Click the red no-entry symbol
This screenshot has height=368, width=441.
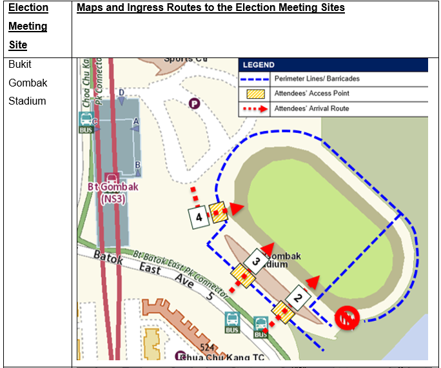(x=346, y=318)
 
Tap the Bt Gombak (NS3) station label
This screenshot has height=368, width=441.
(x=112, y=192)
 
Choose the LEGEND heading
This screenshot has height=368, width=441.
(x=259, y=65)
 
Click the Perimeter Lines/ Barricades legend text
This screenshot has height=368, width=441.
(x=317, y=79)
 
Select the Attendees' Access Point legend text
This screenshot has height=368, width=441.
(x=311, y=94)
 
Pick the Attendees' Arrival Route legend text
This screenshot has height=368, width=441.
(x=311, y=108)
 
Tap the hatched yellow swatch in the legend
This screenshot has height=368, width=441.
(x=256, y=94)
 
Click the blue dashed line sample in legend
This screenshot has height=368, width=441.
(x=256, y=79)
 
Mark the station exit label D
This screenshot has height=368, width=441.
(x=121, y=93)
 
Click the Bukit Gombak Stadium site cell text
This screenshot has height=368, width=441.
(x=27, y=83)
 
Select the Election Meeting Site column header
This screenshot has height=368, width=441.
(x=28, y=26)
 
